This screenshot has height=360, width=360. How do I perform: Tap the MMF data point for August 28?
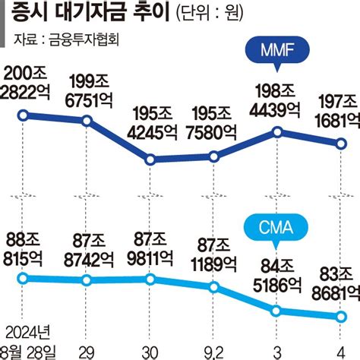click(x=24, y=115)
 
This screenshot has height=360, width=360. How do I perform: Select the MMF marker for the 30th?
click(x=150, y=159)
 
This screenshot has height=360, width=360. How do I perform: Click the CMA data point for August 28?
click(x=24, y=278)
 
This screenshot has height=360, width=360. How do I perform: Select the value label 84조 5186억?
click(x=276, y=277)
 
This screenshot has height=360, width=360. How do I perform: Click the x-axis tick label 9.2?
click(x=216, y=349)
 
